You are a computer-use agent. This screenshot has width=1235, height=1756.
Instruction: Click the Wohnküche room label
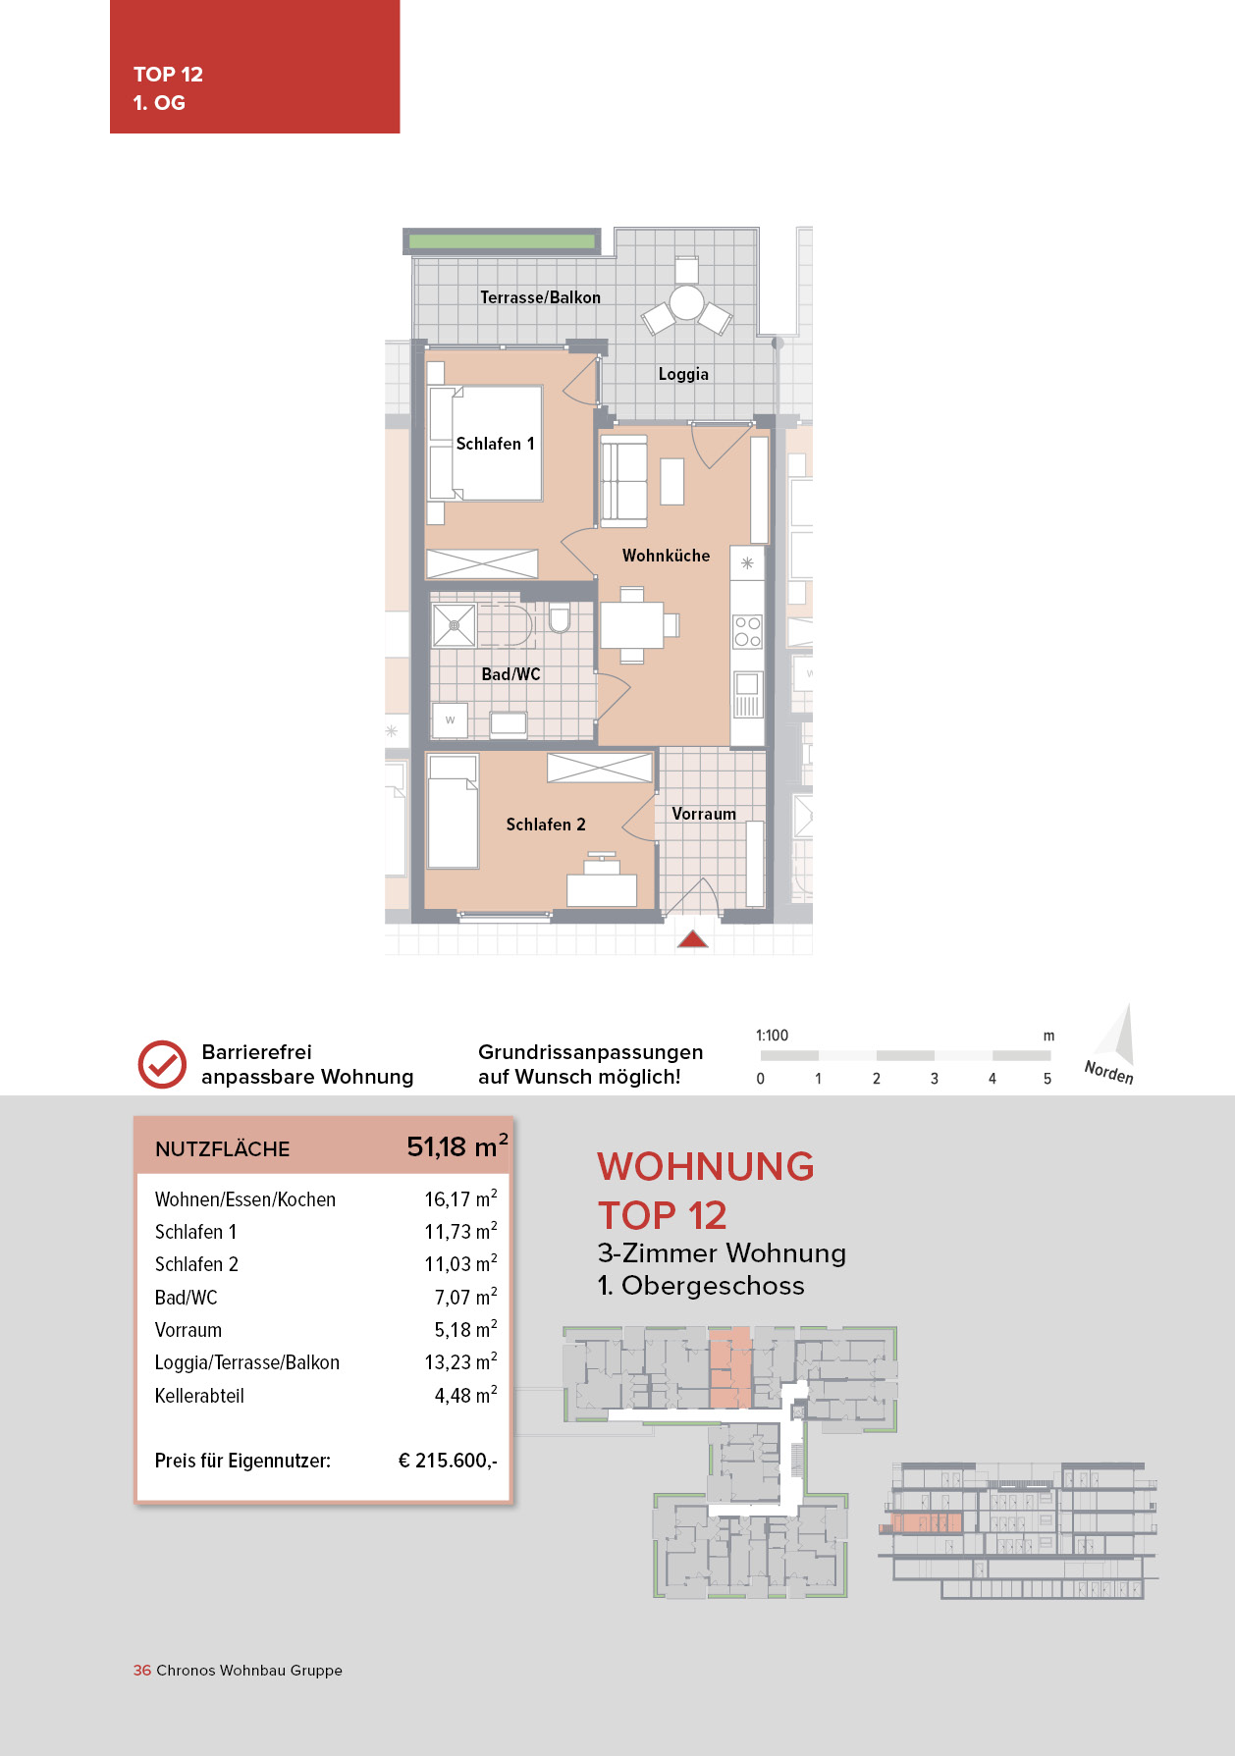coord(666,556)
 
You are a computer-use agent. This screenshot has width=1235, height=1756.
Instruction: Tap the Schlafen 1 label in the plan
coord(495,444)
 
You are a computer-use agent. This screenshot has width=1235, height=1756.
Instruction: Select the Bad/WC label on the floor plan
coord(510,674)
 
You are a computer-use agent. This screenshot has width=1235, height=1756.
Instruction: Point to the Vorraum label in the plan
coord(703,814)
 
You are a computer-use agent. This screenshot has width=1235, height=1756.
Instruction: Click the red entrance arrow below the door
coord(693,939)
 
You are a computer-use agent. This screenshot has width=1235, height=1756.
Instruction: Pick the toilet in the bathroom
coord(560,618)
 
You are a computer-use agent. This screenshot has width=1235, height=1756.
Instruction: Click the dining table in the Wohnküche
coord(631,625)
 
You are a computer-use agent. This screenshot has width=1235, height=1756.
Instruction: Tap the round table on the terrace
coord(686,302)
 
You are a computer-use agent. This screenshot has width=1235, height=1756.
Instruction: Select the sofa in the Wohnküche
coord(623,480)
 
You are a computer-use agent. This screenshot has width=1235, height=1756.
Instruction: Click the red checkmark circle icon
coord(162,1064)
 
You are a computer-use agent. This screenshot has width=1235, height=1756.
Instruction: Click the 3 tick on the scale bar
coord(935,1078)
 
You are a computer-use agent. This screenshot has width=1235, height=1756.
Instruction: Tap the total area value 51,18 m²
coord(456,1146)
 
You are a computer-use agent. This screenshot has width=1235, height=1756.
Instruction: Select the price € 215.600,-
coord(448,1461)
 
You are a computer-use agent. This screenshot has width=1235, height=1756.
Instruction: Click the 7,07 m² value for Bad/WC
coord(465,1298)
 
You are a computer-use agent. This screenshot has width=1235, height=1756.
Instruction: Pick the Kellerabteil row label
coord(199,1396)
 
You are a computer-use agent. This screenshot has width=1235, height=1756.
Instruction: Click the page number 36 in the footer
coord(142,1671)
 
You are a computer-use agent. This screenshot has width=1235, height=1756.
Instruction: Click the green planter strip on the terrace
coord(501,240)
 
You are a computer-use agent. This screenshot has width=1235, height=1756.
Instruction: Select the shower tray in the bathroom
coord(454,625)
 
